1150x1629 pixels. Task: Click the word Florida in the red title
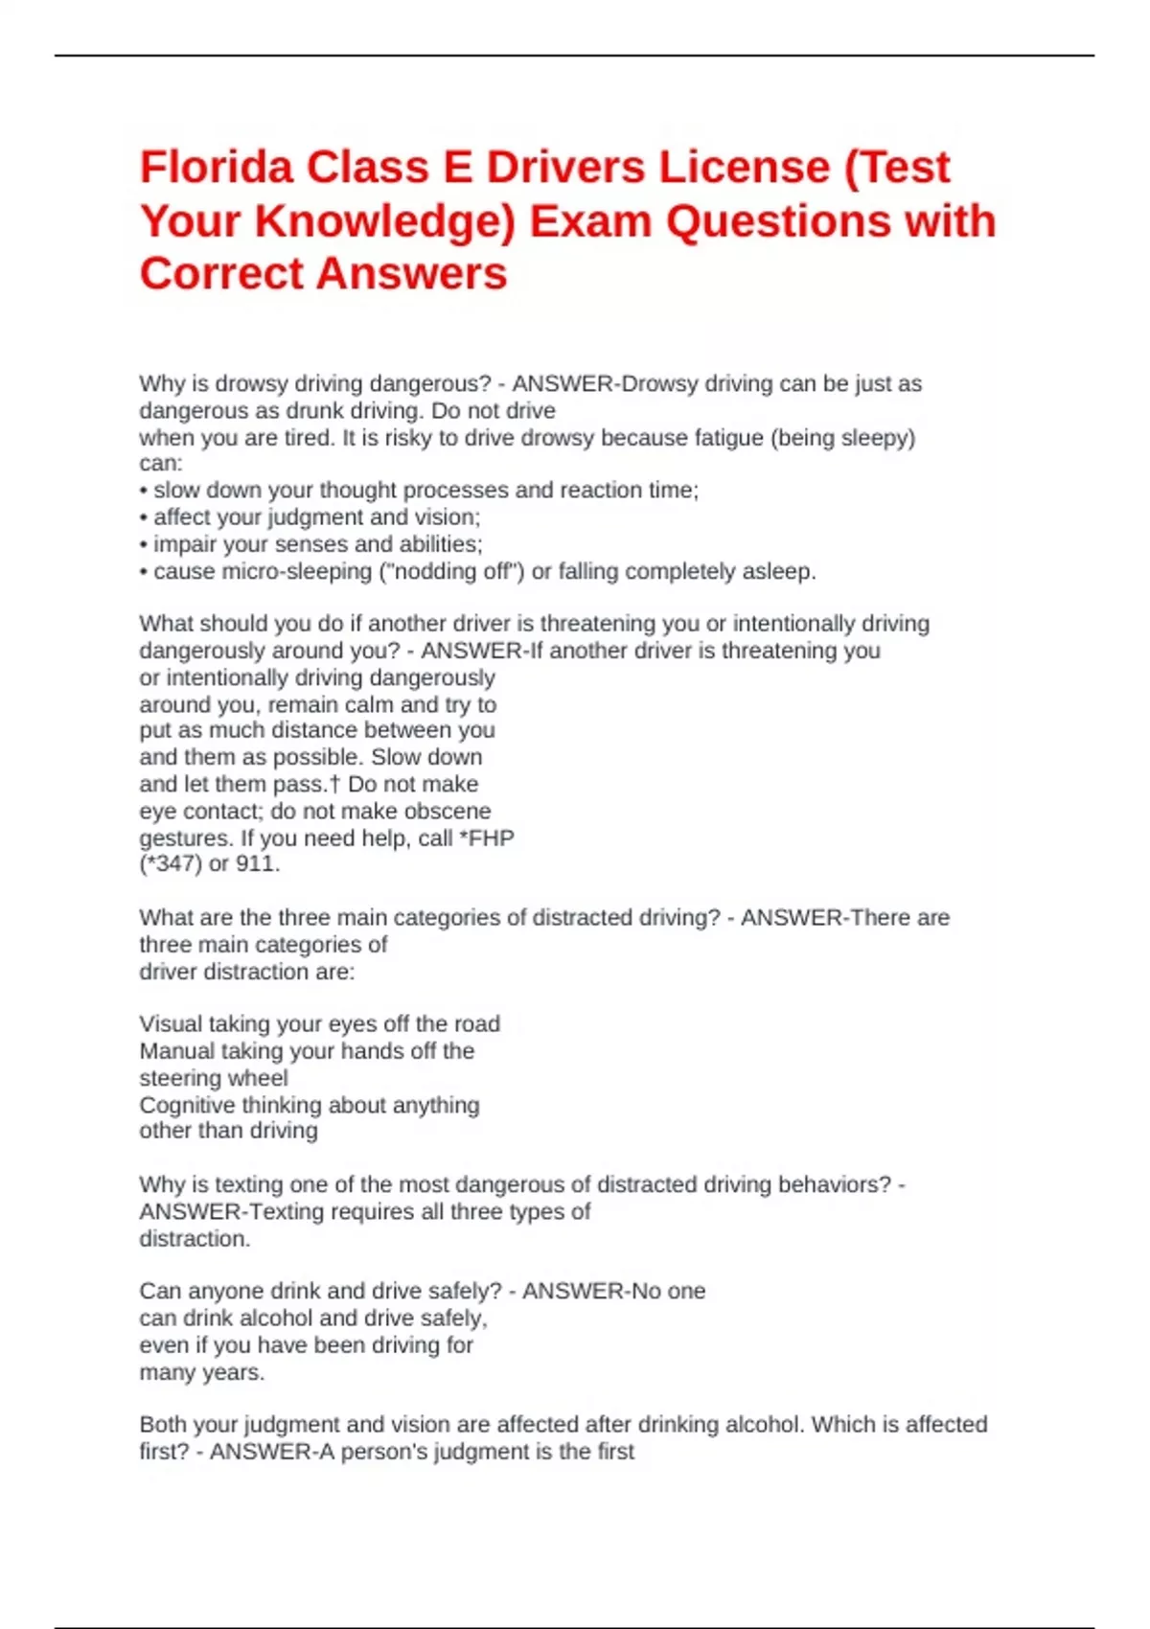pyautogui.click(x=217, y=168)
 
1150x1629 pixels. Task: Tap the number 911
pyautogui.click(x=256, y=863)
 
